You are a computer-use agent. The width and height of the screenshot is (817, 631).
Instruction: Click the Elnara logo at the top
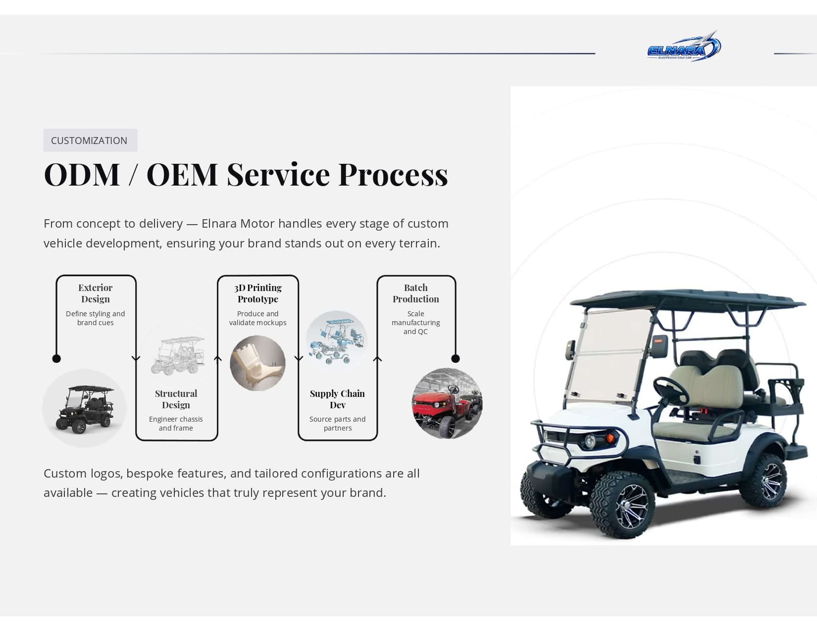click(684, 47)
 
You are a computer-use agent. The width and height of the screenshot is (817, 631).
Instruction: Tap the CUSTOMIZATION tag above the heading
click(90, 141)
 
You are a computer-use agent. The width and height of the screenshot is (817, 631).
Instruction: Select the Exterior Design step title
click(96, 293)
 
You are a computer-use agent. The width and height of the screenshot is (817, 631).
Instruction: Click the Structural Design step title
click(176, 399)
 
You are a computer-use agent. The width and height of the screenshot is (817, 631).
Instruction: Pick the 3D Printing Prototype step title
click(258, 293)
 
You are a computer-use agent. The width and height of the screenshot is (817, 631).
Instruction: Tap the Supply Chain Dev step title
click(337, 399)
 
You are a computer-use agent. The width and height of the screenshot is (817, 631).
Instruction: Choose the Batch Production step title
click(416, 293)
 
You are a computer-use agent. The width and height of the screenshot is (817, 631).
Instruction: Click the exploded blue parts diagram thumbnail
click(336, 340)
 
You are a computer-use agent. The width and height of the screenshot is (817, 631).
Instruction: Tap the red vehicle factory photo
click(447, 403)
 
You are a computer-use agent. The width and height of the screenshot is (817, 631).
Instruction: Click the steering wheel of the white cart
click(671, 391)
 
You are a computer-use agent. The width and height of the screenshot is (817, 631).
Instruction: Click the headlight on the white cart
click(590, 440)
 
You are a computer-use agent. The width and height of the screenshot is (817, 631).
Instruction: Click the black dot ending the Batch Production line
click(456, 358)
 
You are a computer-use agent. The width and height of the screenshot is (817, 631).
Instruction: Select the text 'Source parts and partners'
click(337, 424)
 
